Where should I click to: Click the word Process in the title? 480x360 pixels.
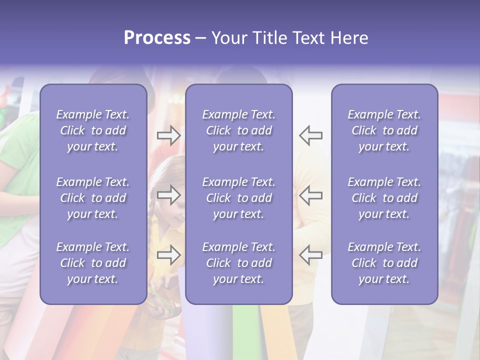(157, 38)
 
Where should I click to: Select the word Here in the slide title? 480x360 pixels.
(348, 38)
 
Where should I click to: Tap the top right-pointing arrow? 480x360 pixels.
(168, 135)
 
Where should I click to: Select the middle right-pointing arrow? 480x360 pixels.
(168, 195)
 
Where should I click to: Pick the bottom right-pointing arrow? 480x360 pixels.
(168, 255)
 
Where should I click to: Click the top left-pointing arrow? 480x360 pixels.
(310, 135)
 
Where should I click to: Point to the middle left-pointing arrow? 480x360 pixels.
(310, 195)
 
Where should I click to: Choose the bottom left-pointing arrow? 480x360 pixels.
(310, 255)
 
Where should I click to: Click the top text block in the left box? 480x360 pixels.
(93, 130)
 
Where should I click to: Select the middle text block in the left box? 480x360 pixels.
(93, 198)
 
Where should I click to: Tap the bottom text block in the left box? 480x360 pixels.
(93, 263)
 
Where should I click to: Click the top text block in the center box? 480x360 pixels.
(238, 130)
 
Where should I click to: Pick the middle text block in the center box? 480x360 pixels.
(238, 198)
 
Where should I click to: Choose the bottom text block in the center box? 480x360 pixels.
(238, 263)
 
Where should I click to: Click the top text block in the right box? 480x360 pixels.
(384, 130)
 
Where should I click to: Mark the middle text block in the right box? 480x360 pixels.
(384, 198)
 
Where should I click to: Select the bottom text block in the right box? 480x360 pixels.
(384, 263)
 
